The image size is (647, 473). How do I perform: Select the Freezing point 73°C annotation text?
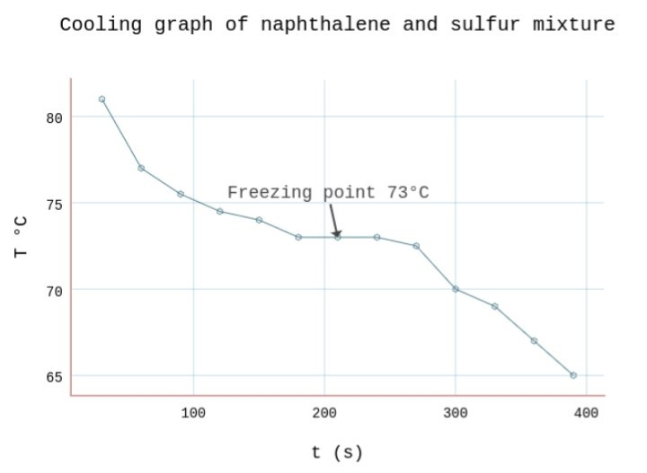(328, 192)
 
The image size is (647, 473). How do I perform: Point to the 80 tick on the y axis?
(54, 118)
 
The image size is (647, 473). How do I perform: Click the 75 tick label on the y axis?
(54, 204)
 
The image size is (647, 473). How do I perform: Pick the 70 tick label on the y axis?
(54, 290)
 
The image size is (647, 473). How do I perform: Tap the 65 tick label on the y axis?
(54, 376)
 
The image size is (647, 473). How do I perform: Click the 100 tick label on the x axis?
(193, 413)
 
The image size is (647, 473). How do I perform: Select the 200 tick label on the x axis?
(324, 413)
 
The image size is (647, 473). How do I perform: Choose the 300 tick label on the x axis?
(456, 413)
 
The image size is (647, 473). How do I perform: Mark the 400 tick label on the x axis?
(586, 413)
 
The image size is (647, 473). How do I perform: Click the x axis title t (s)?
(337, 452)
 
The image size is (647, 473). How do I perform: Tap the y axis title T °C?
(22, 237)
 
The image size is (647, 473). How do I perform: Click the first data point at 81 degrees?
(102, 100)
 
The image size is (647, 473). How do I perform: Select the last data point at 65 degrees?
(573, 375)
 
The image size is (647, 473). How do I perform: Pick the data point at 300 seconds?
(456, 289)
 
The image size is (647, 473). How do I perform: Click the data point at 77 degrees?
(141, 168)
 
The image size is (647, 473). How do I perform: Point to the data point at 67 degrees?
(534, 341)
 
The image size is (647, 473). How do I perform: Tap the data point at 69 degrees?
(495, 306)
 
